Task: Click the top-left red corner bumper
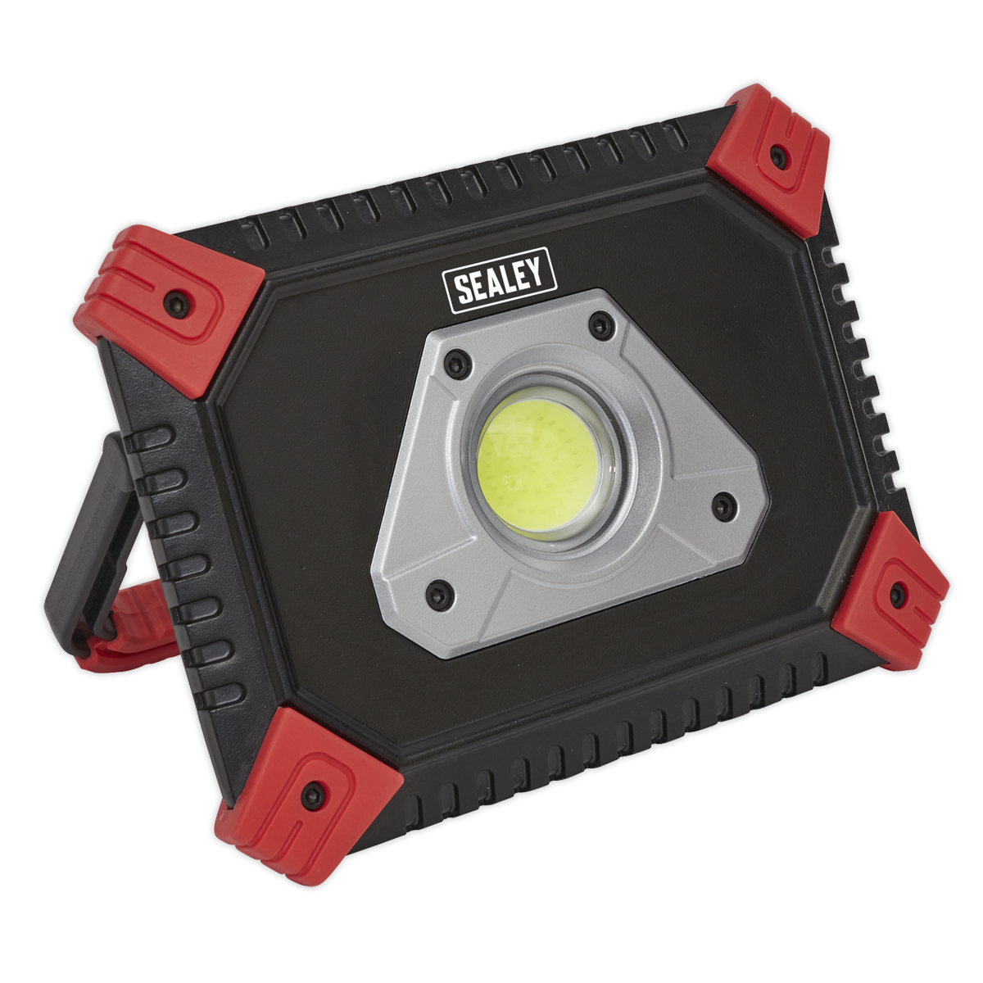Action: [x=170, y=310]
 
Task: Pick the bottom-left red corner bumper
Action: [x=308, y=784]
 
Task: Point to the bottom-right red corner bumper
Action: [x=890, y=592]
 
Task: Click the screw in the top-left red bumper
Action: [x=177, y=306]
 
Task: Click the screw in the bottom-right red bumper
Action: [x=896, y=595]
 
